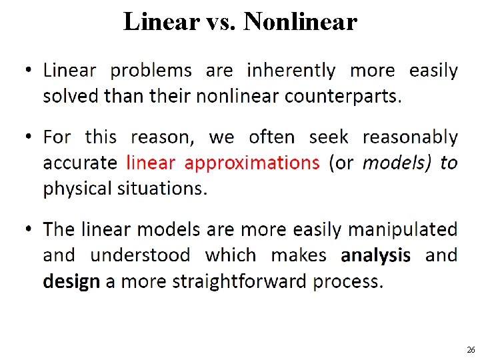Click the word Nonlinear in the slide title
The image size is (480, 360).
tap(301, 22)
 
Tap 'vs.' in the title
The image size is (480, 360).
tap(221, 22)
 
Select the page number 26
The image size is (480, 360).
tap(471, 350)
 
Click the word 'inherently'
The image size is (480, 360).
tap(291, 70)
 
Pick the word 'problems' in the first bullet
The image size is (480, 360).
tap(151, 71)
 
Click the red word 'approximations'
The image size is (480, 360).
tap(252, 163)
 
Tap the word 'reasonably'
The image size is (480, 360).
tap(410, 137)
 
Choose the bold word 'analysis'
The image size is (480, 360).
tap(375, 255)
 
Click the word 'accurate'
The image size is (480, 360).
tap(79, 163)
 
